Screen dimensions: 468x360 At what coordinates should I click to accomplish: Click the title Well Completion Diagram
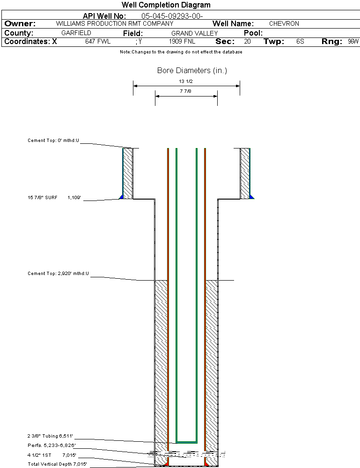(x=166, y=5)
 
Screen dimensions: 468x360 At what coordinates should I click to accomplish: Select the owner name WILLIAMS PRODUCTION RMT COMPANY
(x=114, y=23)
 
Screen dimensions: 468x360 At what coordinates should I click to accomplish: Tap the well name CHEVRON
(x=284, y=23)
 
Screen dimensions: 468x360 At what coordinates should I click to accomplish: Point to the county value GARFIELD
(x=76, y=33)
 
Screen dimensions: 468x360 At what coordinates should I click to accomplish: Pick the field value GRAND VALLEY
(x=194, y=33)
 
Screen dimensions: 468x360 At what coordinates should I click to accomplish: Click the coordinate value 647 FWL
(x=97, y=42)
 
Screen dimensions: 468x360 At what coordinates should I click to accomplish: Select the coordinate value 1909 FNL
(x=182, y=42)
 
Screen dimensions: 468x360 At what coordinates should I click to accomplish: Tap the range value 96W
(x=353, y=42)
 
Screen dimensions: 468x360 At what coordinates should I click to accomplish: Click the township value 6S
(x=300, y=42)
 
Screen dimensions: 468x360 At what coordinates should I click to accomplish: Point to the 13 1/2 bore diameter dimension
(x=186, y=81)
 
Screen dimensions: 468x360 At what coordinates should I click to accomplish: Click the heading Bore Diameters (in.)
(x=192, y=71)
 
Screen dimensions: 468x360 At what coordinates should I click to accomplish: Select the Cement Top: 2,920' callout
(x=58, y=273)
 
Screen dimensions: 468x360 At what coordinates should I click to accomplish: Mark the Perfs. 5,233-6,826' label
(x=51, y=445)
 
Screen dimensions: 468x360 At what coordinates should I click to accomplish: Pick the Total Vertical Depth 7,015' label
(x=57, y=464)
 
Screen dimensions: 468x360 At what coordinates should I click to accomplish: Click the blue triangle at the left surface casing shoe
(x=122, y=197)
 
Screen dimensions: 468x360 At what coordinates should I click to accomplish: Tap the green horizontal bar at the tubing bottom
(x=186, y=442)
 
